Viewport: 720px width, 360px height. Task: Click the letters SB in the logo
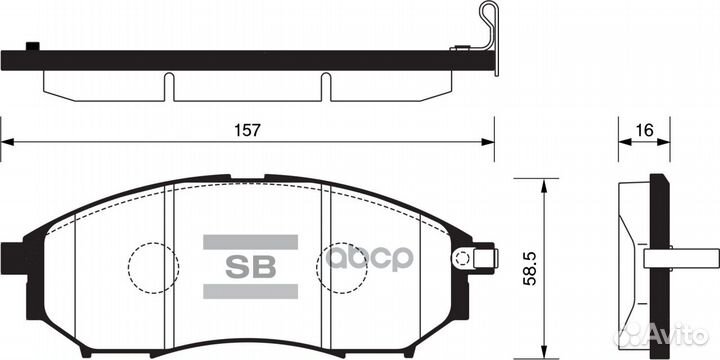(250, 266)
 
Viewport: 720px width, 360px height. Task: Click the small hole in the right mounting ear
(461, 260)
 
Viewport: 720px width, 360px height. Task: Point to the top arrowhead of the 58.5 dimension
(542, 184)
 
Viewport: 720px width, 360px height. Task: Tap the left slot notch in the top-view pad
(169, 85)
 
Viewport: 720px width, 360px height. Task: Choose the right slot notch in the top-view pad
(325, 85)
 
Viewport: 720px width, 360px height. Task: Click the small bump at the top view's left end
(32, 45)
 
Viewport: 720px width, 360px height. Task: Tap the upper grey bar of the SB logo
(250, 242)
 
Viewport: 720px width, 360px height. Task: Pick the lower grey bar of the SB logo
(250, 291)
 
